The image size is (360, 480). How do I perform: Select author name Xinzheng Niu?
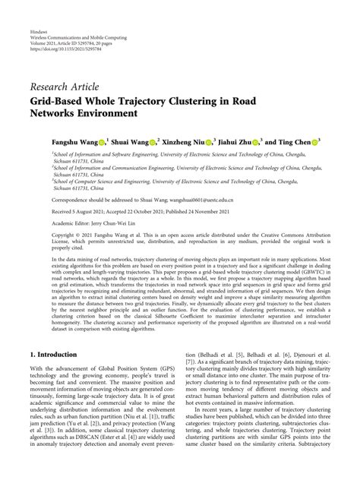click(185, 142)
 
